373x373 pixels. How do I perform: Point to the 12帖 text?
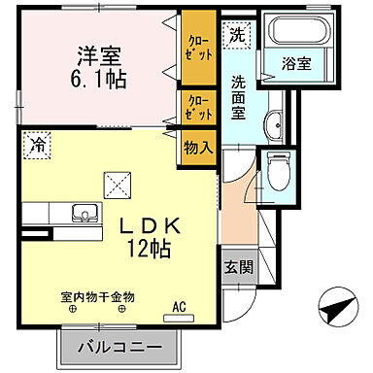pyautogui.click(x=148, y=249)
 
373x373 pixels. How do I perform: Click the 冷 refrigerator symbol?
pyautogui.click(x=36, y=142)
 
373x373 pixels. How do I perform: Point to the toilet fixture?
pyautogui.click(x=279, y=171)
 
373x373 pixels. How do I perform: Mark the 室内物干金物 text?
pyautogui.click(x=94, y=296)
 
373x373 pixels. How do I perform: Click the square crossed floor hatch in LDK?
pyautogui.click(x=115, y=182)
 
